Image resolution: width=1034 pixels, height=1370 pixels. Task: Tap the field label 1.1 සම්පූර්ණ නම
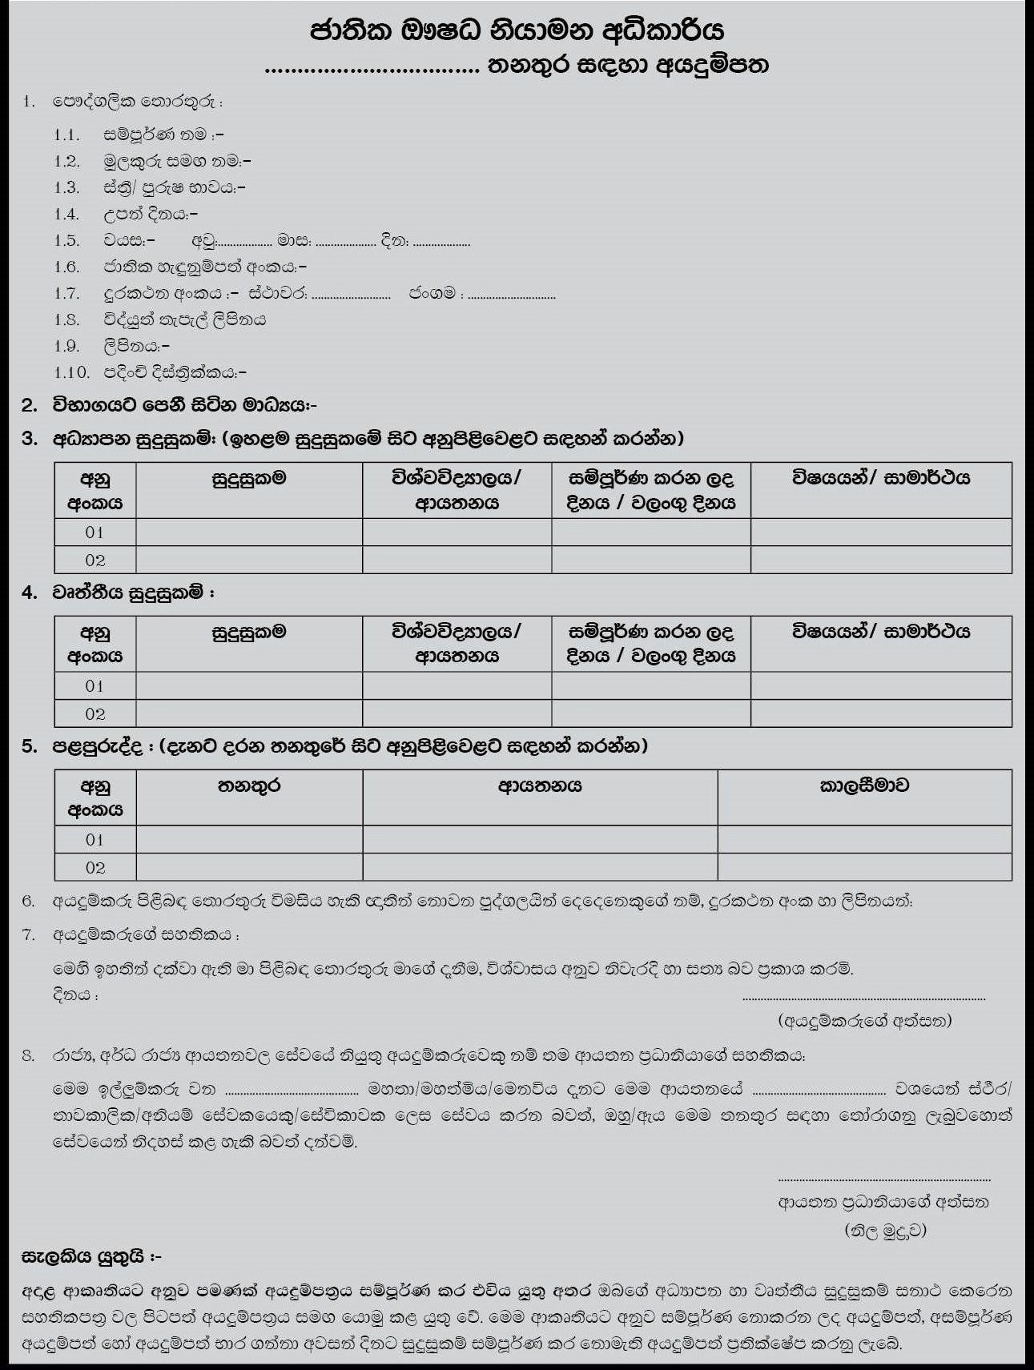pos(163,135)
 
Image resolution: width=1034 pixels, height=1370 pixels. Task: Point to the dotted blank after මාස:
pos(345,243)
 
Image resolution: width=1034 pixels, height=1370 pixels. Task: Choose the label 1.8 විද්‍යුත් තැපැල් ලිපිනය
pos(184,319)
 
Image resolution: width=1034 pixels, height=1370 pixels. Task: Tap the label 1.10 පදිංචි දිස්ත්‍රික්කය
pos(174,372)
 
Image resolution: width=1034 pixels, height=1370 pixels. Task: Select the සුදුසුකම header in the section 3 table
pos(249,479)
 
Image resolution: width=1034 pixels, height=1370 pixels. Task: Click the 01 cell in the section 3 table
pos(95,532)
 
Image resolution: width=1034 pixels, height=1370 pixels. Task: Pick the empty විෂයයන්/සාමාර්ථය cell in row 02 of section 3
pos(881,560)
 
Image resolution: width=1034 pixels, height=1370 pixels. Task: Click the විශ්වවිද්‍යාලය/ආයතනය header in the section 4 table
pos(457,644)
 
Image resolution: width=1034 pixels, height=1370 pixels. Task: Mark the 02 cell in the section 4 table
pos(95,713)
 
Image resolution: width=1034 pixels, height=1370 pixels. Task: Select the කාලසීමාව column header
pos(864,785)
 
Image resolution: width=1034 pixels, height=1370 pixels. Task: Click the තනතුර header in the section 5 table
pos(249,785)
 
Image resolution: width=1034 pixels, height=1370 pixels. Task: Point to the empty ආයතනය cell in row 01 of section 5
pos(540,839)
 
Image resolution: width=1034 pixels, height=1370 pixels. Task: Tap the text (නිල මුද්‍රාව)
pos(885,1230)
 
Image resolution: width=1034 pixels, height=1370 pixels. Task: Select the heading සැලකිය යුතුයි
pos(91,1257)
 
